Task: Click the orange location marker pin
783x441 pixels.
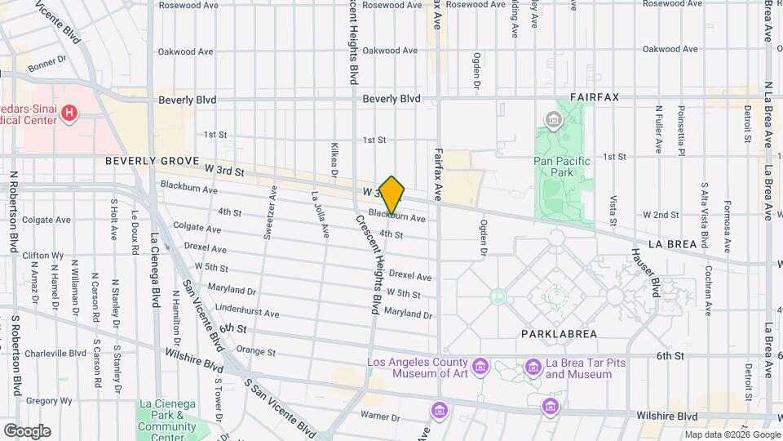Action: pos(392,195)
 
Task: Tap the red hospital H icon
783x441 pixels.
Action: pos(70,112)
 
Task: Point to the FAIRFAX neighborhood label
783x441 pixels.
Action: pos(595,97)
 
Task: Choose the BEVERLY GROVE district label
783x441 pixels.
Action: pos(153,162)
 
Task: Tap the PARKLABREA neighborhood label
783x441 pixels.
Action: pos(559,334)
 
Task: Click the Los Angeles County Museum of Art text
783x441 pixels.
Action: pos(418,368)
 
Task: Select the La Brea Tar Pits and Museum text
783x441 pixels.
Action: pos(578,368)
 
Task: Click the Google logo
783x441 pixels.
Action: pos(27,431)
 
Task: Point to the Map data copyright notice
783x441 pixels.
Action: pos(732,434)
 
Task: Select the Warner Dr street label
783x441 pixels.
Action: pos(379,416)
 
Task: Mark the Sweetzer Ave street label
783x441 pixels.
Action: pos(269,216)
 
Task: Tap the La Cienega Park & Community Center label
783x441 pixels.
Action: pos(167,415)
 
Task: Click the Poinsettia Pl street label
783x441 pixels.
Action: pos(681,131)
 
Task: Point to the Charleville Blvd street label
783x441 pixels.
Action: pos(55,354)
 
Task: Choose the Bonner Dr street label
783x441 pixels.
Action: pos(46,64)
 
